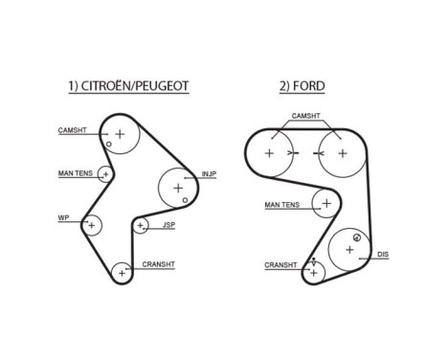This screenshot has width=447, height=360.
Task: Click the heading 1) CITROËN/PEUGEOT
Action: coord(127,86)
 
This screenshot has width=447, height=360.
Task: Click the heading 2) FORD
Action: coord(302,86)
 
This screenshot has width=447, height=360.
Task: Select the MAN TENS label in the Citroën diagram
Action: coord(74,173)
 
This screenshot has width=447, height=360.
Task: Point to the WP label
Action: coord(64,218)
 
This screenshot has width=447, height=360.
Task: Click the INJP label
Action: coord(209,174)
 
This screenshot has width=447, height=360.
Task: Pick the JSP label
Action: coord(168,226)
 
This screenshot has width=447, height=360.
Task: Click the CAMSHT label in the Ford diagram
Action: coord(305,115)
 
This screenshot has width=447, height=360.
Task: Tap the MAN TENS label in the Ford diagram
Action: coord(282,204)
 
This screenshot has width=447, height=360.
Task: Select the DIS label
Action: coord(383,254)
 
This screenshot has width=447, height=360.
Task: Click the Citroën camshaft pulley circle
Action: coord(121,133)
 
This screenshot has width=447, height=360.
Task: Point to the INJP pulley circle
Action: coord(178,188)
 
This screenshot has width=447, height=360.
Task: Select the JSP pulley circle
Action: coord(141,226)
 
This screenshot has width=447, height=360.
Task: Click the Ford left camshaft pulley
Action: coord(269,153)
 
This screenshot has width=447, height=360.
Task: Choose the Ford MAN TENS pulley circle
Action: coord(327,204)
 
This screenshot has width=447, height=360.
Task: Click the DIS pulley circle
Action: coord(349,249)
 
